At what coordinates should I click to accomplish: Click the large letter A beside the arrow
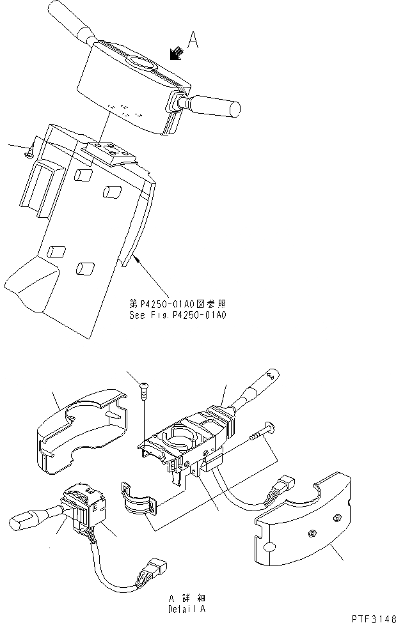pos(194,42)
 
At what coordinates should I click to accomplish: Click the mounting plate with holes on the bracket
pos(111,152)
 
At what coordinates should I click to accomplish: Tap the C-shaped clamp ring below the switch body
pos(136,499)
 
